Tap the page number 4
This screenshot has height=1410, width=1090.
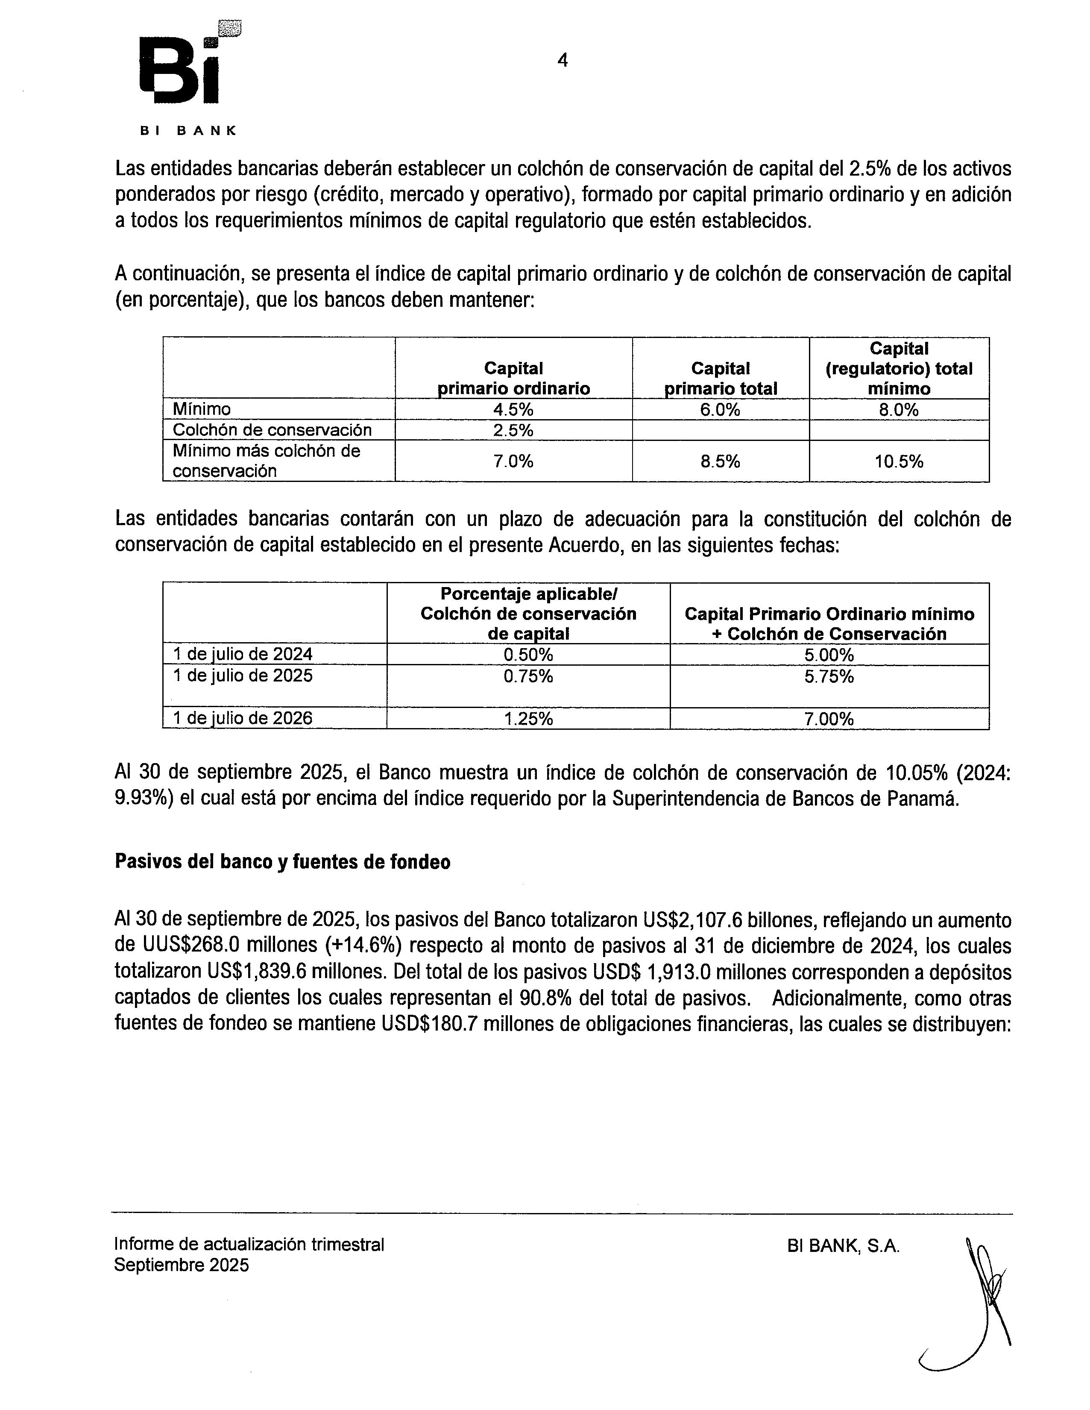pos(562,61)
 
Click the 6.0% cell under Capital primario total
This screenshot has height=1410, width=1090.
pos(720,409)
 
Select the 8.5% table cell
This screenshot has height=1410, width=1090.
pos(720,461)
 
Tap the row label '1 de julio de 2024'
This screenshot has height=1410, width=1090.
pos(243,654)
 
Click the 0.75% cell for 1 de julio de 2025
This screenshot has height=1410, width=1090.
pos(528,676)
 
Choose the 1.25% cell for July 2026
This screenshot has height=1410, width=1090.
pos(528,719)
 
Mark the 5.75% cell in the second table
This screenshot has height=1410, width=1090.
pos(829,676)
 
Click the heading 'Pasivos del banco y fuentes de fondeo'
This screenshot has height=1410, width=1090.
pos(282,863)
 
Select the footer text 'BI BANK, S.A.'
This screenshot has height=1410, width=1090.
pos(843,1246)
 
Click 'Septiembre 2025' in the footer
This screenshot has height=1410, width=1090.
pos(182,1266)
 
